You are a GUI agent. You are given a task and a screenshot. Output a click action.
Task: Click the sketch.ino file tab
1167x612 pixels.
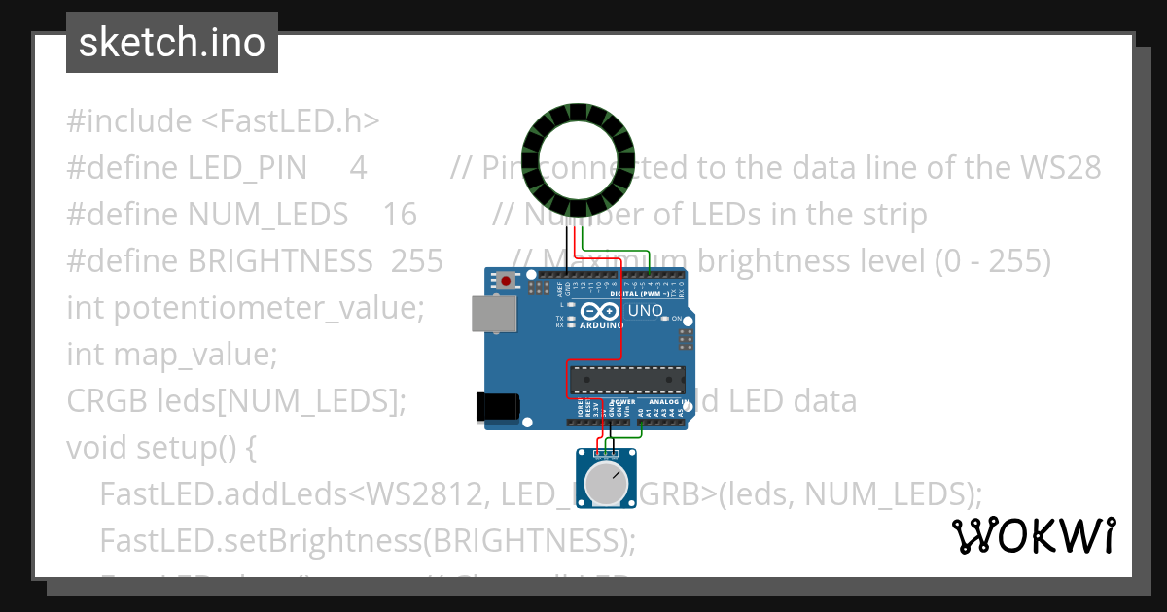tap(172, 43)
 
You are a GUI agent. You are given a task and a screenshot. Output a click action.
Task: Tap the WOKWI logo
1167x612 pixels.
tap(1033, 535)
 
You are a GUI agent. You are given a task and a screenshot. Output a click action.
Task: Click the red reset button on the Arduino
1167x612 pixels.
tap(506, 282)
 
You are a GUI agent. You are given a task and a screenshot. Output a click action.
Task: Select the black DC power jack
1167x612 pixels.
tap(495, 407)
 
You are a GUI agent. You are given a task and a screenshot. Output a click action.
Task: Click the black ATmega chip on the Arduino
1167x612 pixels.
tap(626, 380)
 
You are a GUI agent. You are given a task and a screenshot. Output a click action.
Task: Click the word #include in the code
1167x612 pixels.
tap(129, 121)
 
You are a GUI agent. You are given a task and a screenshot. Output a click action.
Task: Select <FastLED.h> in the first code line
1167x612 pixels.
tap(291, 121)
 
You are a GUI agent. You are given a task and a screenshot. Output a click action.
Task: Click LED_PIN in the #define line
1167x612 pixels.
tap(247, 168)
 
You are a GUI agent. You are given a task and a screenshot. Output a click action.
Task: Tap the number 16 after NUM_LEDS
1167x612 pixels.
tap(400, 215)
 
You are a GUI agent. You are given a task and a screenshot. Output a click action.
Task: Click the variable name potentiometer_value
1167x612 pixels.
tap(269, 308)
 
